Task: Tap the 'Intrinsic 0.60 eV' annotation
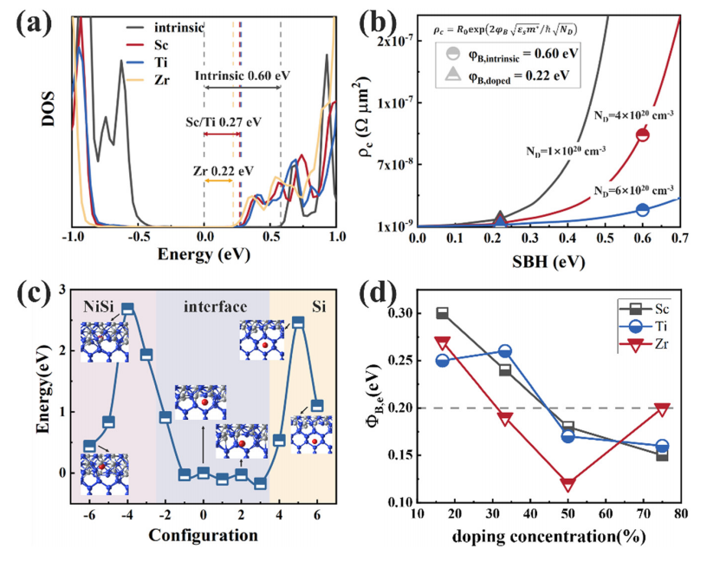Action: [x=243, y=75]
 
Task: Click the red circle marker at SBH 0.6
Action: [x=642, y=134]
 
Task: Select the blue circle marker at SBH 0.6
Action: [x=642, y=210]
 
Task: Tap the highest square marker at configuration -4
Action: [x=128, y=309]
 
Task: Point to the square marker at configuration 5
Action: [x=298, y=323]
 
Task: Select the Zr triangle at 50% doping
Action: [x=568, y=484]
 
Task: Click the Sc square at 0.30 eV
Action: [x=443, y=313]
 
